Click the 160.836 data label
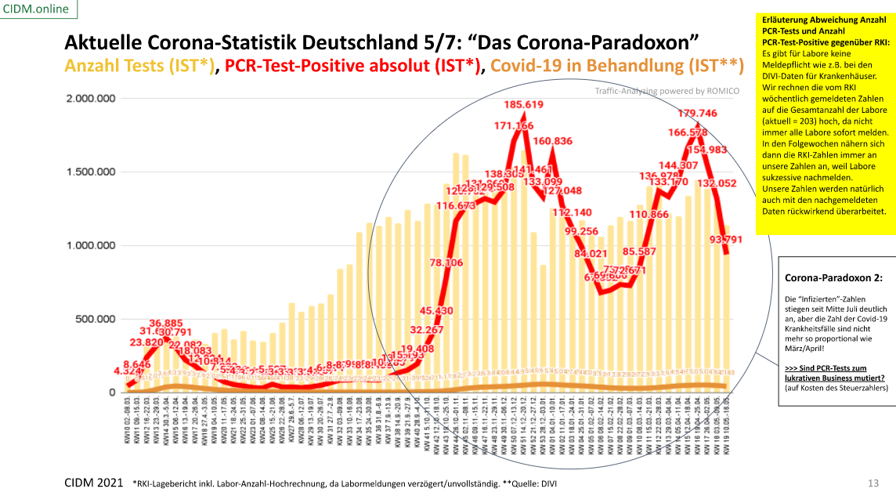[x=552, y=141]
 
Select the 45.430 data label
[x=436, y=310]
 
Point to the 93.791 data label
[x=732, y=217]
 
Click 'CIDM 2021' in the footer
[x=93, y=483]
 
